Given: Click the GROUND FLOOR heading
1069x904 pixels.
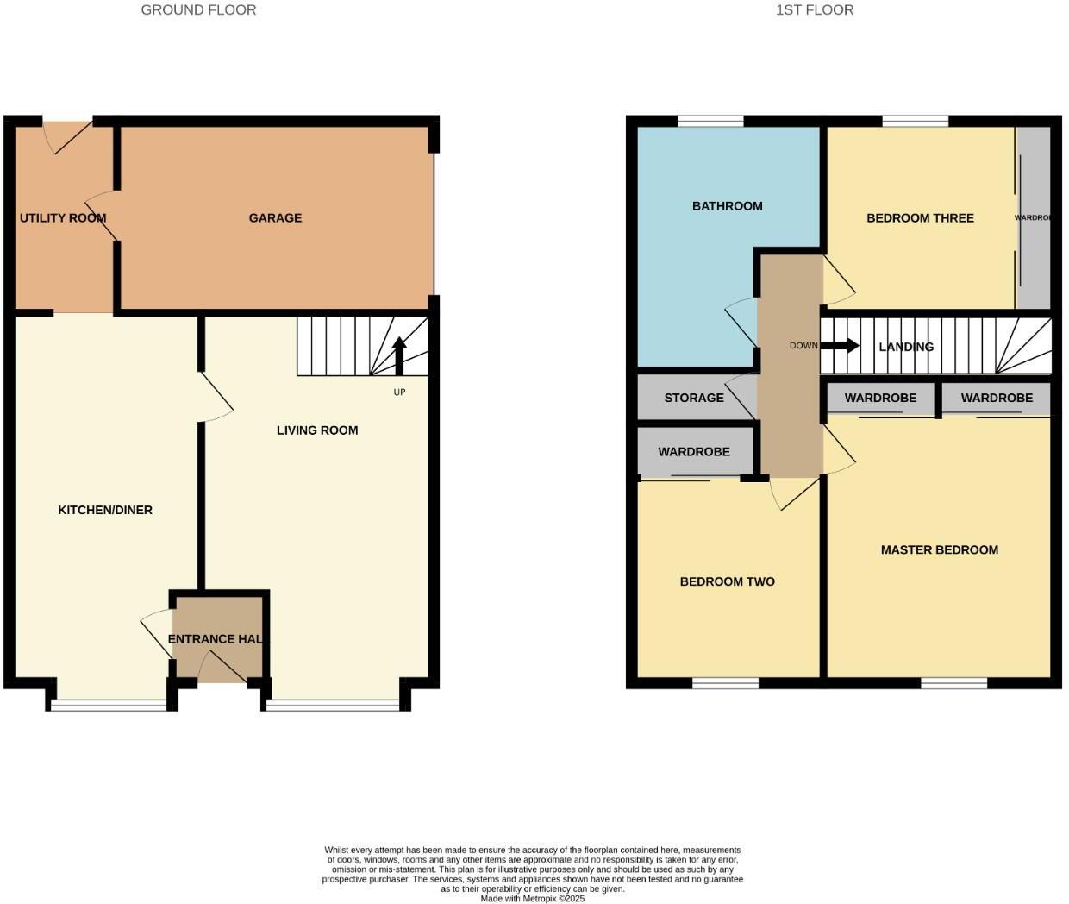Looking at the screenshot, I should [198, 10].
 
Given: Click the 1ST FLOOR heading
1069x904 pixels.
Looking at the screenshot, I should [815, 10].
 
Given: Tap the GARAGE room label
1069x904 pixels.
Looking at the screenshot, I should [275, 218].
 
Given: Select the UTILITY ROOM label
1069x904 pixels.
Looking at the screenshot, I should [63, 218].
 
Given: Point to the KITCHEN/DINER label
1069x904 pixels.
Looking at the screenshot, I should [105, 510].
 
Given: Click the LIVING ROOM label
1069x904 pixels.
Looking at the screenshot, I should [317, 430].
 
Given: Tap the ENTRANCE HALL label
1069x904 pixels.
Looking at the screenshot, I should [216, 639].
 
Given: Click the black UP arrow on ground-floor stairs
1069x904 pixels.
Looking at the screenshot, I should [399, 354].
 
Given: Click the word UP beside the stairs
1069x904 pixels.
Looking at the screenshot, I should [399, 392].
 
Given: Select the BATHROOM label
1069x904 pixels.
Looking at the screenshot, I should [727, 206].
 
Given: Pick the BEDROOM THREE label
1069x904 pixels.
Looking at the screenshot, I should [920, 218].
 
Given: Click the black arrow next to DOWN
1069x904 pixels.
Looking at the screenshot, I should [840, 346].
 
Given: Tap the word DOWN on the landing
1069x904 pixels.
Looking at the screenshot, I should [803, 346].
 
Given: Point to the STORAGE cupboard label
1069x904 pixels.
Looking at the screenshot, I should [694, 398].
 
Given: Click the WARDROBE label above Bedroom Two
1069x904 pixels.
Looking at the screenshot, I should [694, 452].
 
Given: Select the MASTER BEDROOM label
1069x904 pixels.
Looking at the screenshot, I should [939, 549].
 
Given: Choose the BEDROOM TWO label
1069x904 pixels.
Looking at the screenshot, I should [727, 581].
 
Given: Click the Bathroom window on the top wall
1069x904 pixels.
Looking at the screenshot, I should [710, 121].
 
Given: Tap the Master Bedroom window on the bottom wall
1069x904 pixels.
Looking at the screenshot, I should [953, 683].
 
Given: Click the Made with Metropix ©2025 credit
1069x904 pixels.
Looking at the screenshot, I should [532, 899].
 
